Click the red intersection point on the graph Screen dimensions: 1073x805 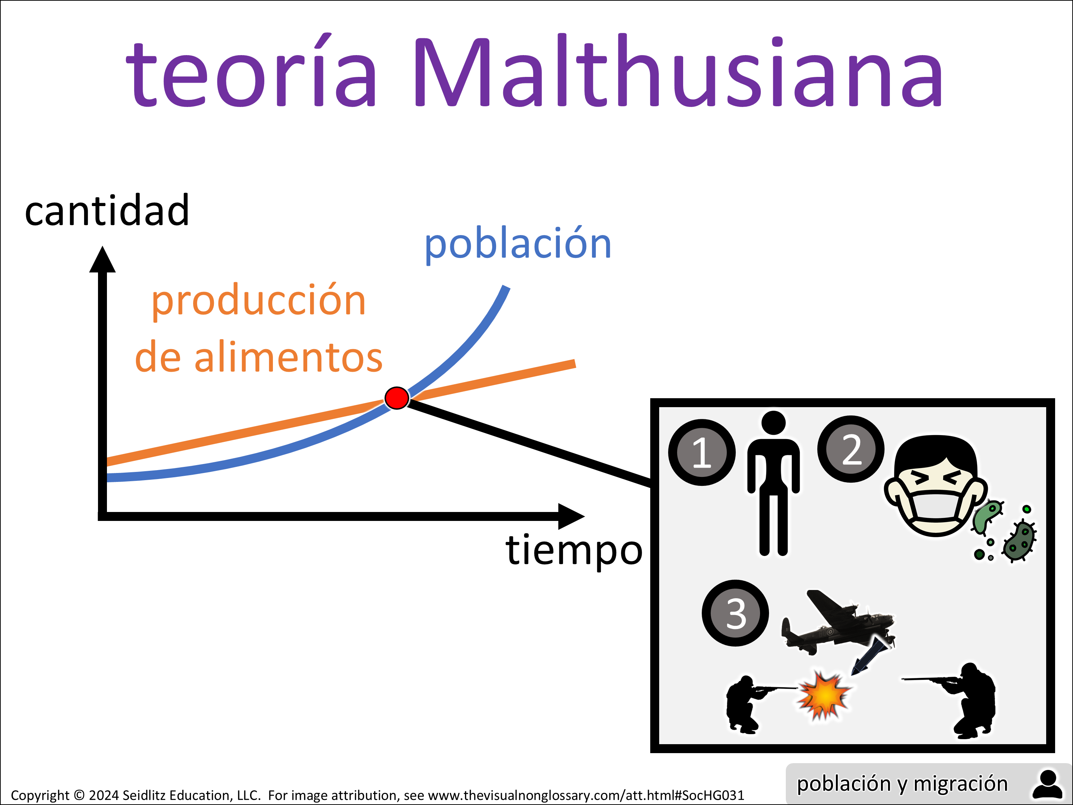[x=396, y=398]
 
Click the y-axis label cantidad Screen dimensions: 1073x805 [x=107, y=210]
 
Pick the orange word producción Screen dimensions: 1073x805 [x=259, y=301]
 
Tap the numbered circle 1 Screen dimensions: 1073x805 [x=702, y=452]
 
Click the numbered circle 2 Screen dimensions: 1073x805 [x=851, y=449]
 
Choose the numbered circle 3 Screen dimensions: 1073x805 [x=735, y=613]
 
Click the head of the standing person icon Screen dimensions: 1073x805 [x=773, y=423]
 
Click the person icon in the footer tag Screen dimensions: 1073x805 [x=1047, y=784]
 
